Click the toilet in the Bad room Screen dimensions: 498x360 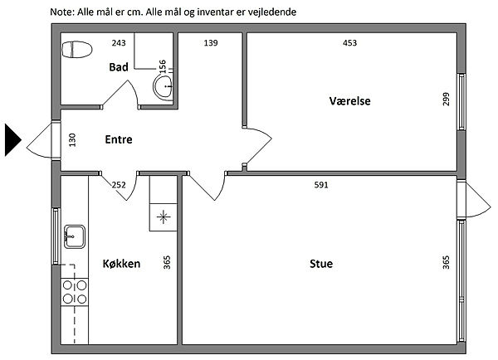(77, 50)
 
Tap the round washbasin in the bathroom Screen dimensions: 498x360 (164, 86)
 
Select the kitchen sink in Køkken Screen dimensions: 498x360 (75, 236)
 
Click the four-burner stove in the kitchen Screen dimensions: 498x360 (75, 292)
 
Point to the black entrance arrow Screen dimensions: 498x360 (13, 140)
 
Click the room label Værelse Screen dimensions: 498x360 (349, 101)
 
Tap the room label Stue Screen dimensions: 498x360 (321, 264)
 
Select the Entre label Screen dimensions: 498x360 (119, 139)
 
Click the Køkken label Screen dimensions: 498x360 (121, 264)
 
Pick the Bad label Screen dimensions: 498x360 (119, 67)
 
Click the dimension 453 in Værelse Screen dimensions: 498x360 (349, 43)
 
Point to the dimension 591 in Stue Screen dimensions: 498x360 (321, 185)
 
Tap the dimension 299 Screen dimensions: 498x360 (446, 99)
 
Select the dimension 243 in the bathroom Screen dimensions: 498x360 (119, 43)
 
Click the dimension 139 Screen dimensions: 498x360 (211, 43)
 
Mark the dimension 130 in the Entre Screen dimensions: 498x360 (72, 140)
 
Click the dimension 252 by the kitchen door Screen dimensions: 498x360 (119, 185)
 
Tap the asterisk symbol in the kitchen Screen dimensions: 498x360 (164, 217)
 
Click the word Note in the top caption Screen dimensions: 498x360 (62, 12)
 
